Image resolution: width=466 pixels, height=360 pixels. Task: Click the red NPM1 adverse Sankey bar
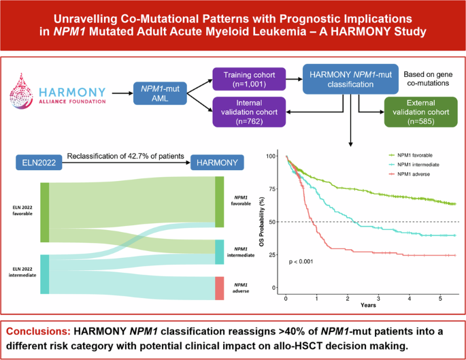(219, 288)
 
